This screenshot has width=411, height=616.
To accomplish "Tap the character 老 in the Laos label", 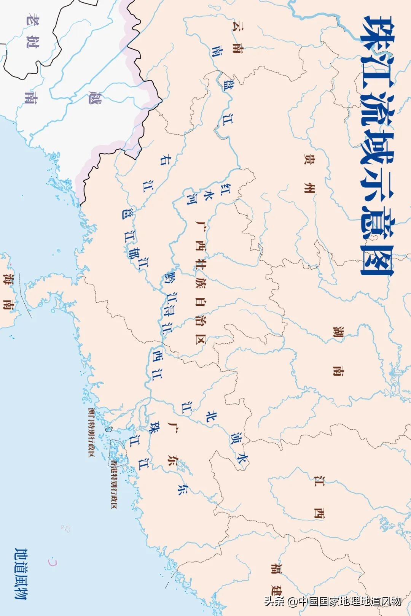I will point(32,19).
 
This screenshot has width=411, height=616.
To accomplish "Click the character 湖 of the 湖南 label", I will point(338,332).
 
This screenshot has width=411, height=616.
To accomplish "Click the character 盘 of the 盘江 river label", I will point(228,84).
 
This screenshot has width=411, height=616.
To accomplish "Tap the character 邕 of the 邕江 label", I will point(126,213).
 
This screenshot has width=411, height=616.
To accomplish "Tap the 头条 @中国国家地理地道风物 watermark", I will point(333,601).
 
